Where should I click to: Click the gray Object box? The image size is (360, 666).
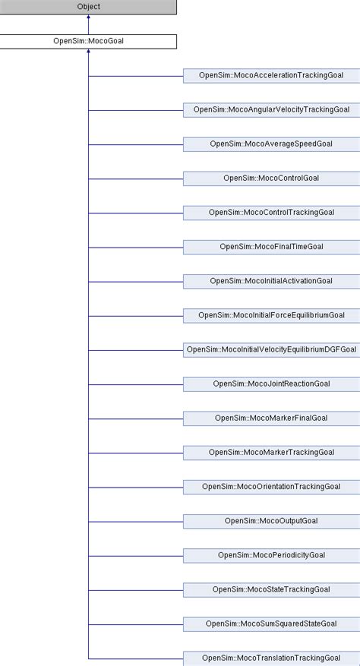pyautogui.click(x=88, y=7)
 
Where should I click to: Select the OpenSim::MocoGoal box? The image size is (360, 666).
pyautogui.click(x=88, y=42)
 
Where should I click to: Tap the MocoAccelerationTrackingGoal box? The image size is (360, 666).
pyautogui.click(x=272, y=76)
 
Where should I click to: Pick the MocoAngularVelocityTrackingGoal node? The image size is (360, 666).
pyautogui.click(x=272, y=110)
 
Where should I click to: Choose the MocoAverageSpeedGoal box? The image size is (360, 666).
pyautogui.click(x=272, y=144)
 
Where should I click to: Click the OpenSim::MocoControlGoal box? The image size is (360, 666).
pyautogui.click(x=272, y=178)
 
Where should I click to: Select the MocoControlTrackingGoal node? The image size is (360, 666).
pyautogui.click(x=272, y=213)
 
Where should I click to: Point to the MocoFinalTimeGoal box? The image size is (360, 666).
pyautogui.click(x=272, y=248)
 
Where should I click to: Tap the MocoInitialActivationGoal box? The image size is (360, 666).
pyautogui.click(x=272, y=282)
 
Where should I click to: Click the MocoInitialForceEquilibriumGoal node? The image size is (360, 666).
pyautogui.click(x=272, y=316)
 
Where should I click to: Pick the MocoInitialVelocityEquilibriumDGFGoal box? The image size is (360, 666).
pyautogui.click(x=272, y=350)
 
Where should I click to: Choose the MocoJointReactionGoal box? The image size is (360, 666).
pyautogui.click(x=272, y=384)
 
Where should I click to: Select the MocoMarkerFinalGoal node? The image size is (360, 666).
pyautogui.click(x=272, y=418)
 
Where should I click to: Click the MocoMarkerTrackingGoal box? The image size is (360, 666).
pyautogui.click(x=272, y=453)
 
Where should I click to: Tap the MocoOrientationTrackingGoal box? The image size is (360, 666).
pyautogui.click(x=272, y=488)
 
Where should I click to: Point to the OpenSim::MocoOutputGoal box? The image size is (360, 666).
pyautogui.click(x=272, y=522)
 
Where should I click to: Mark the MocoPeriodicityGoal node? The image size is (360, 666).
pyautogui.click(x=272, y=556)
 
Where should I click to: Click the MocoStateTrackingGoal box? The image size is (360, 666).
pyautogui.click(x=272, y=590)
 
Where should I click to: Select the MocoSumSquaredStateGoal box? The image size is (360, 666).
pyautogui.click(x=272, y=624)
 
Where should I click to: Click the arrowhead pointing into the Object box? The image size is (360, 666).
pyautogui.click(x=88, y=17)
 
